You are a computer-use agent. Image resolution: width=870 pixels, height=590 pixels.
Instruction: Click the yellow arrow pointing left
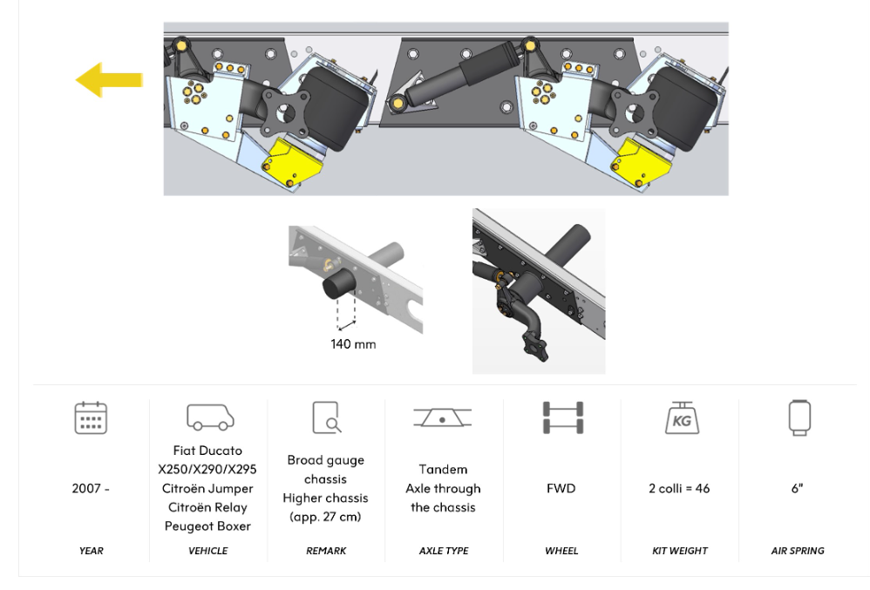pos(109,80)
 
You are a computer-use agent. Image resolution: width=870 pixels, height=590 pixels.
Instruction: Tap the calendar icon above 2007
pos(91,417)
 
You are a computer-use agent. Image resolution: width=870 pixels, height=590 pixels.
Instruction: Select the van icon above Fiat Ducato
pos(210,417)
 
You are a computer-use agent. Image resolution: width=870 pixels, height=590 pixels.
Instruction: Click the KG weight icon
pos(682,417)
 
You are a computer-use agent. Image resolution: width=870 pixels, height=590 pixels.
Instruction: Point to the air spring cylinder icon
pos(799,417)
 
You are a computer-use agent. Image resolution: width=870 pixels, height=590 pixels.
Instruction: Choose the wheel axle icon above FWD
pos(562,417)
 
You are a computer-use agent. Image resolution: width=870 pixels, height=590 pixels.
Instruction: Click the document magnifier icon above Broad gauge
pos(326,417)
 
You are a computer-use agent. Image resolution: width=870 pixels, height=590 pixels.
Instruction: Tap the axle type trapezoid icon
pos(442,417)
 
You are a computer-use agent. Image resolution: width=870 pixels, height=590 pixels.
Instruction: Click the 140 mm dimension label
pos(353,343)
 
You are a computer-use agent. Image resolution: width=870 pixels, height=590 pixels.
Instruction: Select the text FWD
pos(561,489)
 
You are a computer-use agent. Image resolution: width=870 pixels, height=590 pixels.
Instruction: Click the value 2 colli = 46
pos(679,489)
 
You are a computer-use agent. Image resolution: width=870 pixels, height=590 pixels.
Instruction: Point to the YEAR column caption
pos(91,551)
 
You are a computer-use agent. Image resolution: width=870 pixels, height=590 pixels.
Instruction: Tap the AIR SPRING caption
pos(798,551)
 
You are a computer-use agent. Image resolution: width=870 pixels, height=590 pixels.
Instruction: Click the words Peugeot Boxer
pos(207,526)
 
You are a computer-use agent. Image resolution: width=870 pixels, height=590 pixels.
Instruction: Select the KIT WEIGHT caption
pos(680,551)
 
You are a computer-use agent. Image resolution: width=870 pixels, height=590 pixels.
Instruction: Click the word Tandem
pos(443,469)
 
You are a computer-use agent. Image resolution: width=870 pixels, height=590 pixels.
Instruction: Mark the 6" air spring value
pos(798,489)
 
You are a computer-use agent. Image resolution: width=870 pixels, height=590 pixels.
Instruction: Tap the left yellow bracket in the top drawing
pos(292,163)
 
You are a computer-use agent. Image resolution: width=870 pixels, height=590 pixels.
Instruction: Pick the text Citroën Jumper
pos(207,489)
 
